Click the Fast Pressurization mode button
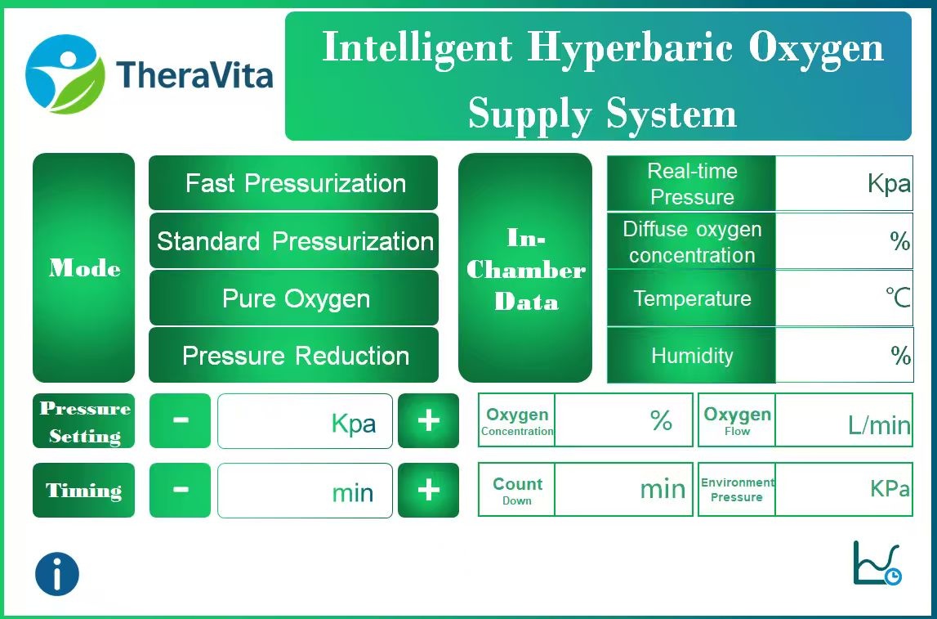point(293,183)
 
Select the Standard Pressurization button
point(293,241)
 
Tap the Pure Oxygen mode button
point(293,298)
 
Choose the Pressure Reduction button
point(293,356)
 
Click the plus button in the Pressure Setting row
point(428,421)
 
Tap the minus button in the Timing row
point(180,490)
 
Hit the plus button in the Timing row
point(428,490)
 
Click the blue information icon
point(57,573)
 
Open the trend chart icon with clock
point(877,563)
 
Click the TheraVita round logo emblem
point(65,74)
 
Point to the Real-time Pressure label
point(691,184)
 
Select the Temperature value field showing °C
point(843,298)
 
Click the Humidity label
point(691,356)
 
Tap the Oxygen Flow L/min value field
point(843,421)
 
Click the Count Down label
point(516,490)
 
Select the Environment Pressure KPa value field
point(843,490)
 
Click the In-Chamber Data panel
point(525,268)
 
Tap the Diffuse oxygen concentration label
point(691,241)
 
